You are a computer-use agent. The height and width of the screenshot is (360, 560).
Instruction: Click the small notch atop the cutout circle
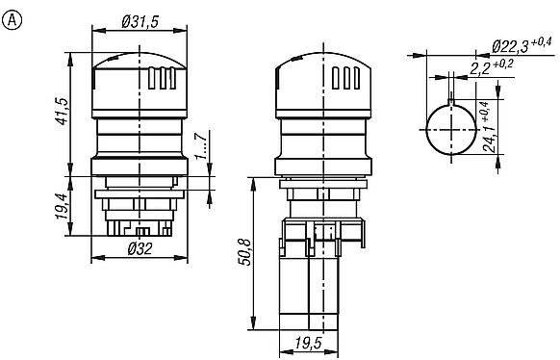(449, 96)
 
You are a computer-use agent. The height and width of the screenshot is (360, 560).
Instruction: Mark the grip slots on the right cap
(344, 78)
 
